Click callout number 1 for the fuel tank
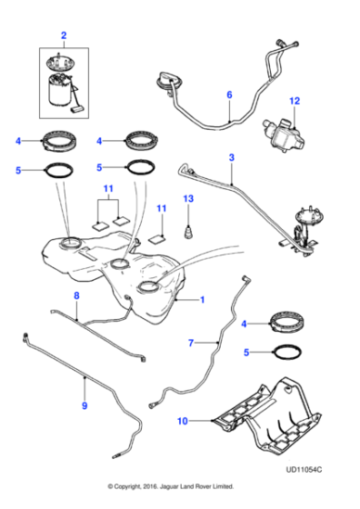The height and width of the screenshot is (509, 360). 203,298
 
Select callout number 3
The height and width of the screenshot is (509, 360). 232,158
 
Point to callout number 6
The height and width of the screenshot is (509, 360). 229,94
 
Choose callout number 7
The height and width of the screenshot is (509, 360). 191,343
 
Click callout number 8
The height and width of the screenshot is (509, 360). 76,296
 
